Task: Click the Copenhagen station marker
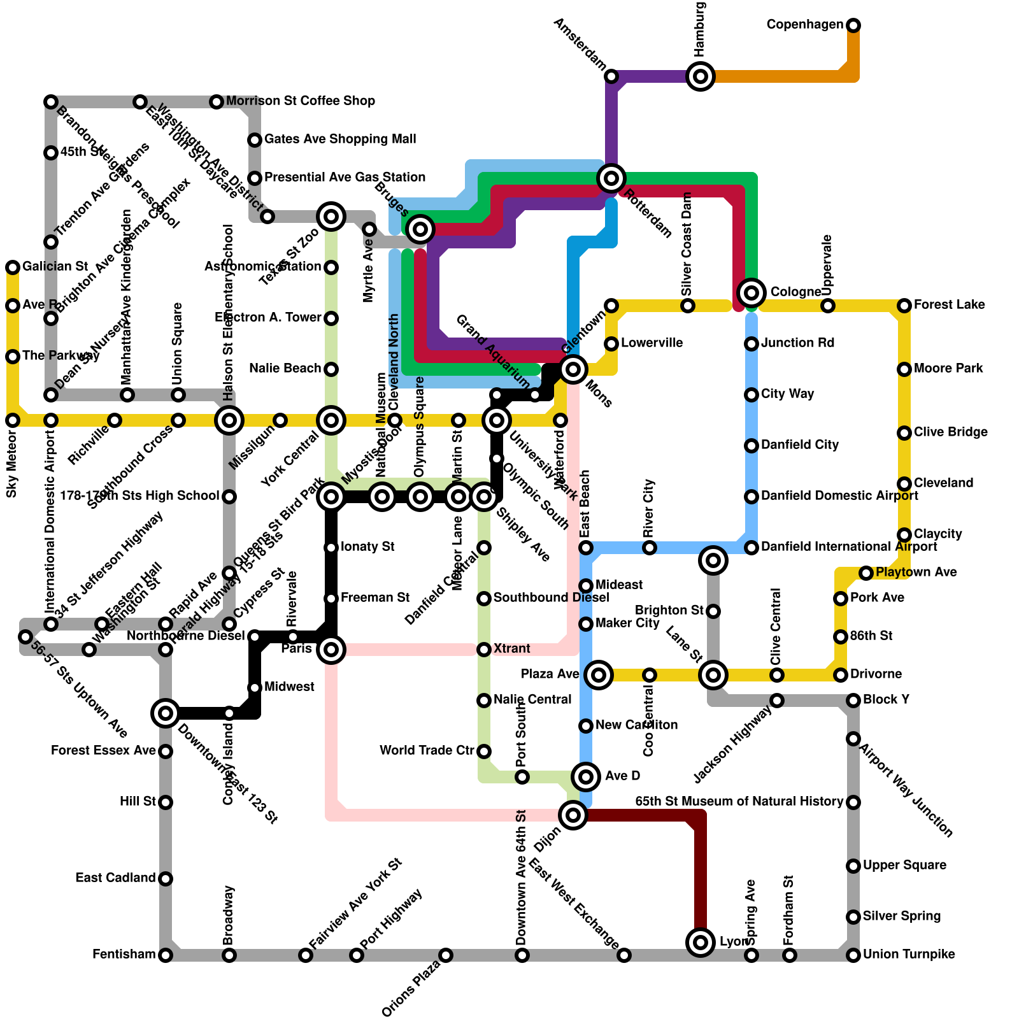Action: click(x=853, y=25)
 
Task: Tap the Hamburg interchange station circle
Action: click(x=701, y=76)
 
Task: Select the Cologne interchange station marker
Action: click(x=752, y=293)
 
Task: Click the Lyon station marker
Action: click(x=701, y=943)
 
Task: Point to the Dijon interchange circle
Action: click(x=573, y=815)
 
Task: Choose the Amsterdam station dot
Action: click(x=611, y=76)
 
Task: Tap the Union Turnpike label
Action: click(x=909, y=955)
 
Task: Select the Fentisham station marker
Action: click(x=166, y=955)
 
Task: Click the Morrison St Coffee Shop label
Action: click(x=300, y=101)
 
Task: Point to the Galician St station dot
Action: click(x=13, y=267)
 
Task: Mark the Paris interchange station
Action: click(x=331, y=650)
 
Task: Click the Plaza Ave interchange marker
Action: click(x=599, y=675)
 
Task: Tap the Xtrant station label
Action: click(x=511, y=649)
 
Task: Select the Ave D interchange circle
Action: click(x=586, y=777)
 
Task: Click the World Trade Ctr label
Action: click(x=427, y=751)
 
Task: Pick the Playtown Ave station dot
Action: click(x=866, y=573)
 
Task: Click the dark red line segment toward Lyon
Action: click(x=701, y=879)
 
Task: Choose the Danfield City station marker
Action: click(x=752, y=446)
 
